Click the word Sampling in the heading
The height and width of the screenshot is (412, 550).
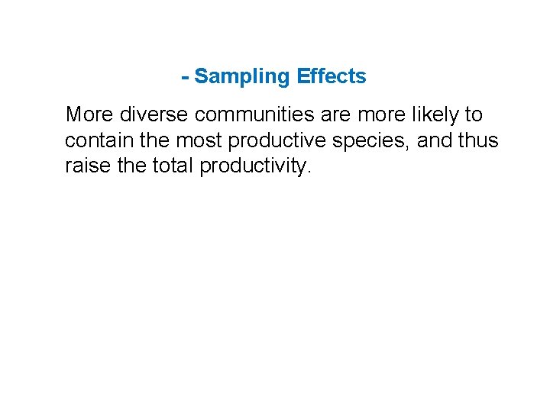tap(243, 77)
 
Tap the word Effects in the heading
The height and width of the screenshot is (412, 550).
tap(332, 76)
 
